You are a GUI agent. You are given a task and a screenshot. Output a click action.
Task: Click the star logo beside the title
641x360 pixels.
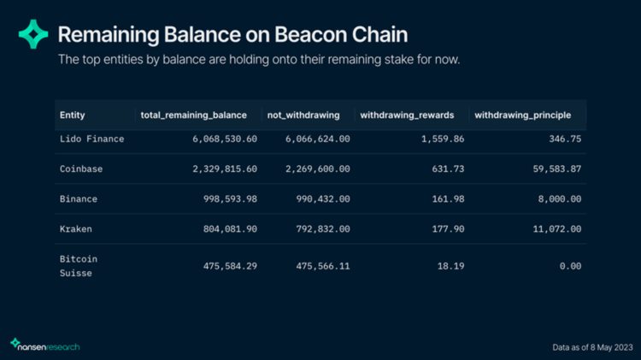(x=33, y=34)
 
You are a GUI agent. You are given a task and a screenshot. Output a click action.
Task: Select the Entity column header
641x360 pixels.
(x=72, y=115)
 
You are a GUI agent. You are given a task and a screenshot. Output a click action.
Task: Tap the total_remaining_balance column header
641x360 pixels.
(x=193, y=115)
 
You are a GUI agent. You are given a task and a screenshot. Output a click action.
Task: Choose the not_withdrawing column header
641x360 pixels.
(x=310, y=115)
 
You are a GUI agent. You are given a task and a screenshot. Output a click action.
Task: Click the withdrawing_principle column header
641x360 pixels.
(x=528, y=115)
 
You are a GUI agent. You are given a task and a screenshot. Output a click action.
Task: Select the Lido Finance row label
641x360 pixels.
(x=91, y=139)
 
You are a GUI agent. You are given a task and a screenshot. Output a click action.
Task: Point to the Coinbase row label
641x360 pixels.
(x=80, y=169)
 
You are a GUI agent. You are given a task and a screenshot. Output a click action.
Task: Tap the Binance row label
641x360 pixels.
(x=78, y=199)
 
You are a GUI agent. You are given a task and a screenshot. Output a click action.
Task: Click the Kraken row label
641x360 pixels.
(x=75, y=229)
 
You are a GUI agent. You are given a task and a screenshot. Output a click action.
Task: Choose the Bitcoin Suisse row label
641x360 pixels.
(x=78, y=265)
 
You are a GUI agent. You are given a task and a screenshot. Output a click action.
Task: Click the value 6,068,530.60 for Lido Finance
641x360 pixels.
(x=221, y=139)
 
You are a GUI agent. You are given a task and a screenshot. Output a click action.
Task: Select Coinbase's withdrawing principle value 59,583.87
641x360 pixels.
(x=552, y=169)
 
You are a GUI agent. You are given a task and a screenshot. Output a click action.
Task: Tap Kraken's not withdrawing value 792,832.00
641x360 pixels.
(x=315, y=229)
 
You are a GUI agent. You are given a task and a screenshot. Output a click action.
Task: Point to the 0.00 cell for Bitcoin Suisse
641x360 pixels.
(x=569, y=266)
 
